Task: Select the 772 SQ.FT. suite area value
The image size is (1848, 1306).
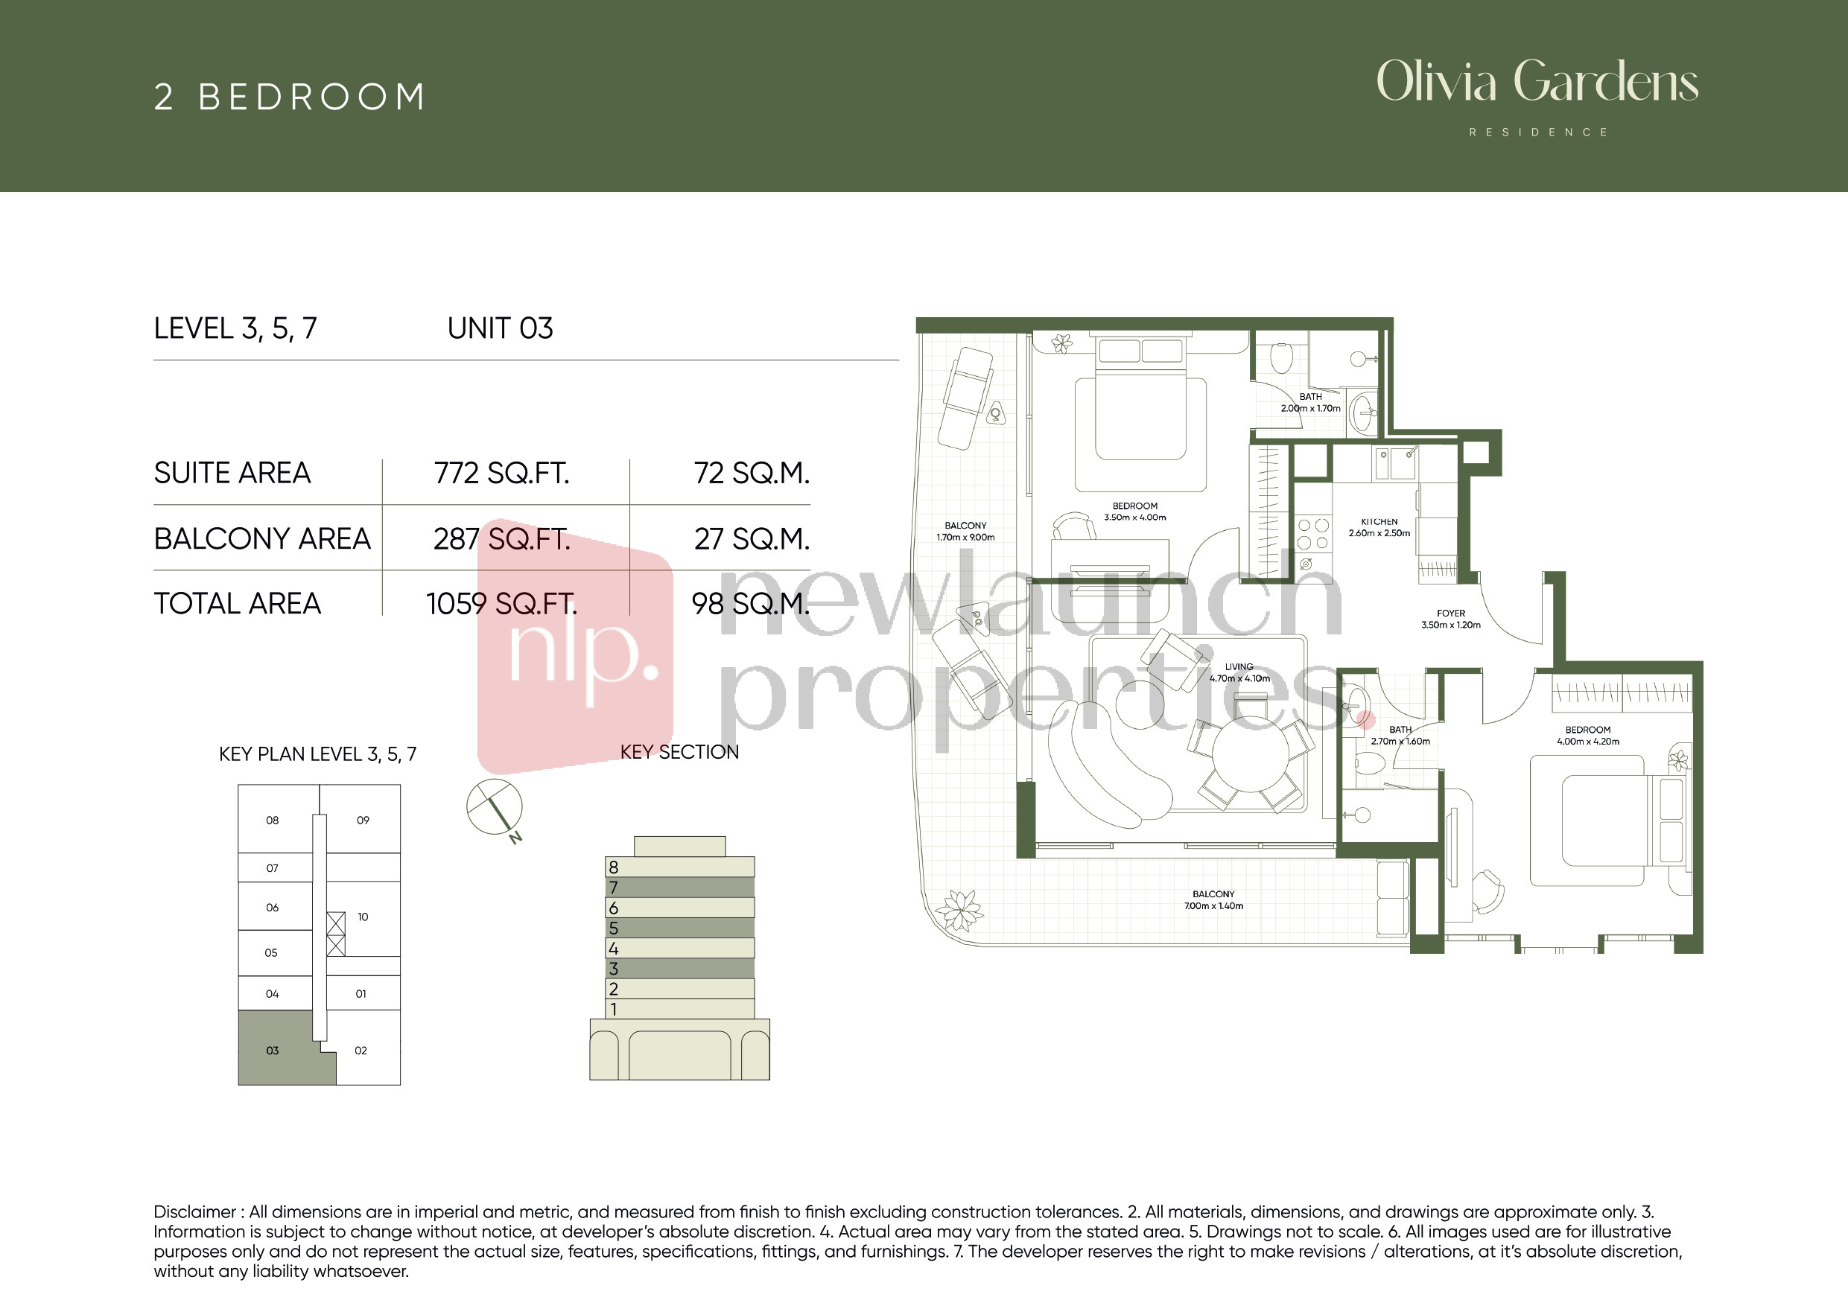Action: click(x=501, y=473)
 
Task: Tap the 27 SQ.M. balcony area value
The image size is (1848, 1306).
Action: click(x=752, y=539)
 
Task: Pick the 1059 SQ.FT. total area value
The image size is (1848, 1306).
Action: click(x=501, y=604)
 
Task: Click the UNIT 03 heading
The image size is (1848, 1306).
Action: click(x=500, y=328)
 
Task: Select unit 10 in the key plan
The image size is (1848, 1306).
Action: click(x=363, y=917)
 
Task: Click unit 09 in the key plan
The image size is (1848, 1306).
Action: click(x=363, y=820)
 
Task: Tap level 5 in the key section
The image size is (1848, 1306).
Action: click(x=679, y=928)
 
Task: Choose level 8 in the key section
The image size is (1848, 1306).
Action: click(x=679, y=867)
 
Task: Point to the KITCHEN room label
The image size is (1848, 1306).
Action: click(x=1379, y=521)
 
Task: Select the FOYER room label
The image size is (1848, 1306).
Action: click(x=1450, y=614)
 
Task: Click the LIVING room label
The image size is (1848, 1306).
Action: click(x=1239, y=666)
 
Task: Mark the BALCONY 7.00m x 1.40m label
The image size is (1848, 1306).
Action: click(x=1214, y=899)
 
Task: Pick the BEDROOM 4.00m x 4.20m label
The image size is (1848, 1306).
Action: click(x=1588, y=736)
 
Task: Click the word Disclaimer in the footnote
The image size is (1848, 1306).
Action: click(x=194, y=1212)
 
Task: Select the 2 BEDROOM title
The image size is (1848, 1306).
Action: click(x=290, y=98)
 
